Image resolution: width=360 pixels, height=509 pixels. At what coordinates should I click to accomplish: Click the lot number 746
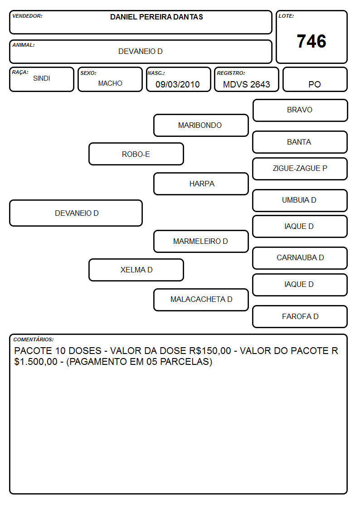pos(311,41)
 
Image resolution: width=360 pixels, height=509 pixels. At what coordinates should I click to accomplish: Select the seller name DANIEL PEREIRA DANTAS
pos(156,17)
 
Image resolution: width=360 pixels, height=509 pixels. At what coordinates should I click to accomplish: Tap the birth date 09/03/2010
pos(178,84)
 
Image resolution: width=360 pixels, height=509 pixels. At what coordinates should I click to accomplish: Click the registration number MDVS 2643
pos(246,84)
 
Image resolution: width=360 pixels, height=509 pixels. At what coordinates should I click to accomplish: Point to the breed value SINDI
pos(42,78)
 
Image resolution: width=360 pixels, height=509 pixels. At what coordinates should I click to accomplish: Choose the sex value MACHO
pos(110,83)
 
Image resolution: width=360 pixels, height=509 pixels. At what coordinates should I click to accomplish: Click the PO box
pos(315,79)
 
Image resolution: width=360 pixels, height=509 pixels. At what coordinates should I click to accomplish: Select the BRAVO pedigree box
pos(300,111)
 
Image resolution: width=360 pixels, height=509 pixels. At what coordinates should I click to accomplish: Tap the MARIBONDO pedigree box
pos(201,125)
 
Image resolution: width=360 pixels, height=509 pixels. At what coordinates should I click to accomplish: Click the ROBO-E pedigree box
pos(136,154)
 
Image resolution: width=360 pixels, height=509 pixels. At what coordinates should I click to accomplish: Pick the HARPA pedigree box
pos(201,184)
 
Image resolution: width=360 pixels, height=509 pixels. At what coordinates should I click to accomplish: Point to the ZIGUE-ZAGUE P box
pos(300,169)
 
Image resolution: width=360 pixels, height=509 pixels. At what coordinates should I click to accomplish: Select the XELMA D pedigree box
pos(136,270)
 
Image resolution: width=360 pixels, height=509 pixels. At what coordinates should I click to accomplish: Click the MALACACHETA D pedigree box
pos(201,300)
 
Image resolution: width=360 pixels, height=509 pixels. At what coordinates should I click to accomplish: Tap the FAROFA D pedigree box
pos(300,316)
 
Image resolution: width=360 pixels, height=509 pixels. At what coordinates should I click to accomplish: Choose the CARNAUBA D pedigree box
pos(300,258)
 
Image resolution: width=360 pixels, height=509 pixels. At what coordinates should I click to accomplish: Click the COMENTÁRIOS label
pos(34,339)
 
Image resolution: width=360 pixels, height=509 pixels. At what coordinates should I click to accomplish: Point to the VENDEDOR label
pos(27,16)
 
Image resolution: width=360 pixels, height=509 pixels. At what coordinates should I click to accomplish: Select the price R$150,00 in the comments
pos(210,351)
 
